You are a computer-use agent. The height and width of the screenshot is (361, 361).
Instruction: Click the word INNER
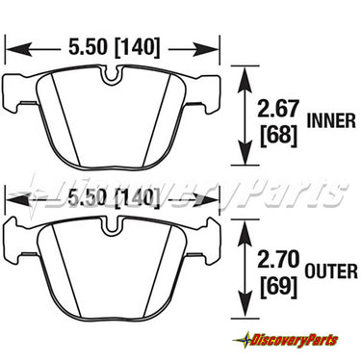point(331,121)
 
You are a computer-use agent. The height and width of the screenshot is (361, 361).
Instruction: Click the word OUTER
point(331,271)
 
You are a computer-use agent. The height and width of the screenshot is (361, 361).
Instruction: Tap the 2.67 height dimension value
point(278,109)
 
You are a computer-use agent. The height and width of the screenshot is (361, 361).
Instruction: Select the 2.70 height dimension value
point(278,259)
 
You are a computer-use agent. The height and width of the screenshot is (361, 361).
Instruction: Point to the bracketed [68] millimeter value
point(278,135)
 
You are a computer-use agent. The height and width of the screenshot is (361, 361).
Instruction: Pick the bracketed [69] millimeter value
point(278,286)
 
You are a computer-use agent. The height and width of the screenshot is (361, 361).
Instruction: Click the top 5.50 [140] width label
point(114,47)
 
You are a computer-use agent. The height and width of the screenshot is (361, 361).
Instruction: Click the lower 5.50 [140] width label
point(114,197)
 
